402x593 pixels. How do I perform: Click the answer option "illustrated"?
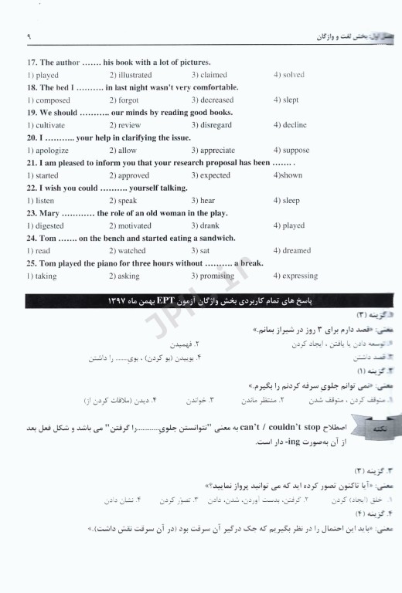[x=134, y=75]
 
